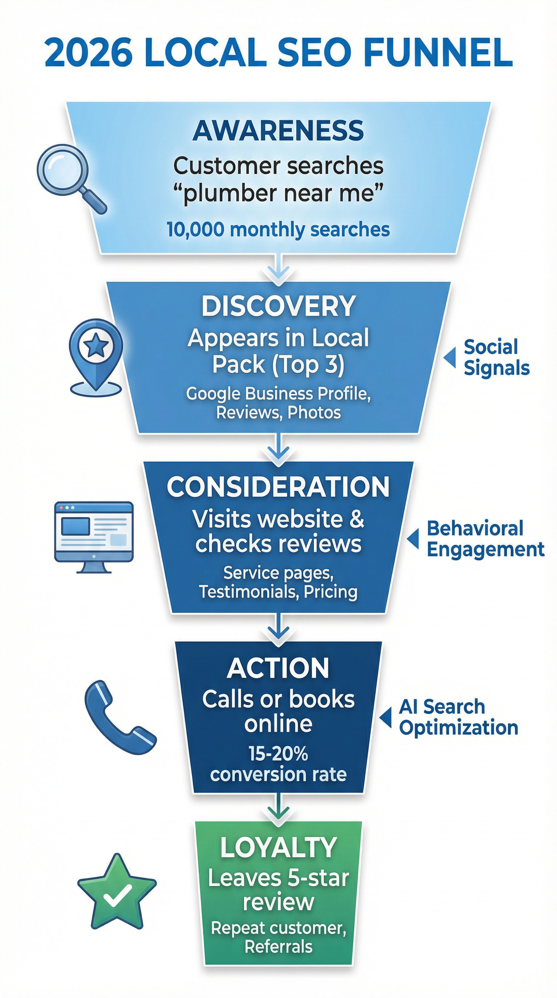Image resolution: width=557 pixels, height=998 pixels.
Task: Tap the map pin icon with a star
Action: [x=96, y=355]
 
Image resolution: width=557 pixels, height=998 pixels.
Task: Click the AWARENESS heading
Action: [x=278, y=131]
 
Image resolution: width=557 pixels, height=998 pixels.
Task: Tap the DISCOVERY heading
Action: [x=278, y=306]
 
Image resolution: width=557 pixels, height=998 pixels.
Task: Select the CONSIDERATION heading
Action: [x=278, y=487]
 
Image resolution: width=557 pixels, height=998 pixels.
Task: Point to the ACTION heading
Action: [x=278, y=668]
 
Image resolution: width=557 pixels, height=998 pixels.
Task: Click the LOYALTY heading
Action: [x=278, y=847]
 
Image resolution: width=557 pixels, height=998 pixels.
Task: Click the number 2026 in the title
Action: [x=88, y=52]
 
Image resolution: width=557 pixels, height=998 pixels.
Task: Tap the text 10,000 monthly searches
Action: [x=278, y=229]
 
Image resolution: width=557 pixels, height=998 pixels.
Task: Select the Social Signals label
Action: [x=496, y=357]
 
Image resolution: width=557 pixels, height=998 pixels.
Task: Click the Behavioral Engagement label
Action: [x=485, y=539]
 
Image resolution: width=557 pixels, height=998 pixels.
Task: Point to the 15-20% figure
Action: [x=278, y=754]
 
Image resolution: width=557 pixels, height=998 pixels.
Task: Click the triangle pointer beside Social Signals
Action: [x=450, y=357]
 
